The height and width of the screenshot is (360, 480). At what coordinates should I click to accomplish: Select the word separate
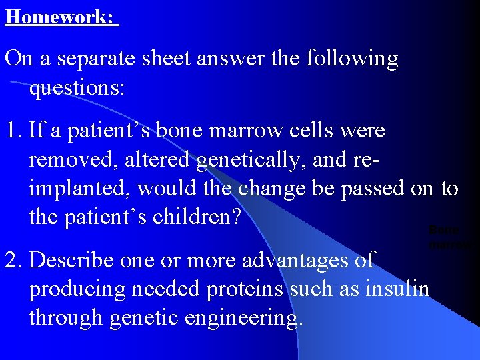[103, 59]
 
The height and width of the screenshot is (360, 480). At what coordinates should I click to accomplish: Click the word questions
[77, 89]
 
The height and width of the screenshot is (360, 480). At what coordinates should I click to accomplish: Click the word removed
[70, 160]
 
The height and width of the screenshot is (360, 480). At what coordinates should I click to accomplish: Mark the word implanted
[79, 189]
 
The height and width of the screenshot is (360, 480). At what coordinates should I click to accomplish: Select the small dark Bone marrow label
[446, 237]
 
